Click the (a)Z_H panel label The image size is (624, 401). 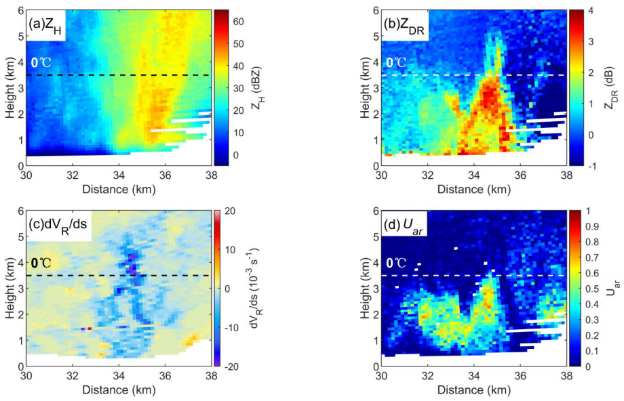pos(46,25)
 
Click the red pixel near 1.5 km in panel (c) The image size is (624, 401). pos(90,328)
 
